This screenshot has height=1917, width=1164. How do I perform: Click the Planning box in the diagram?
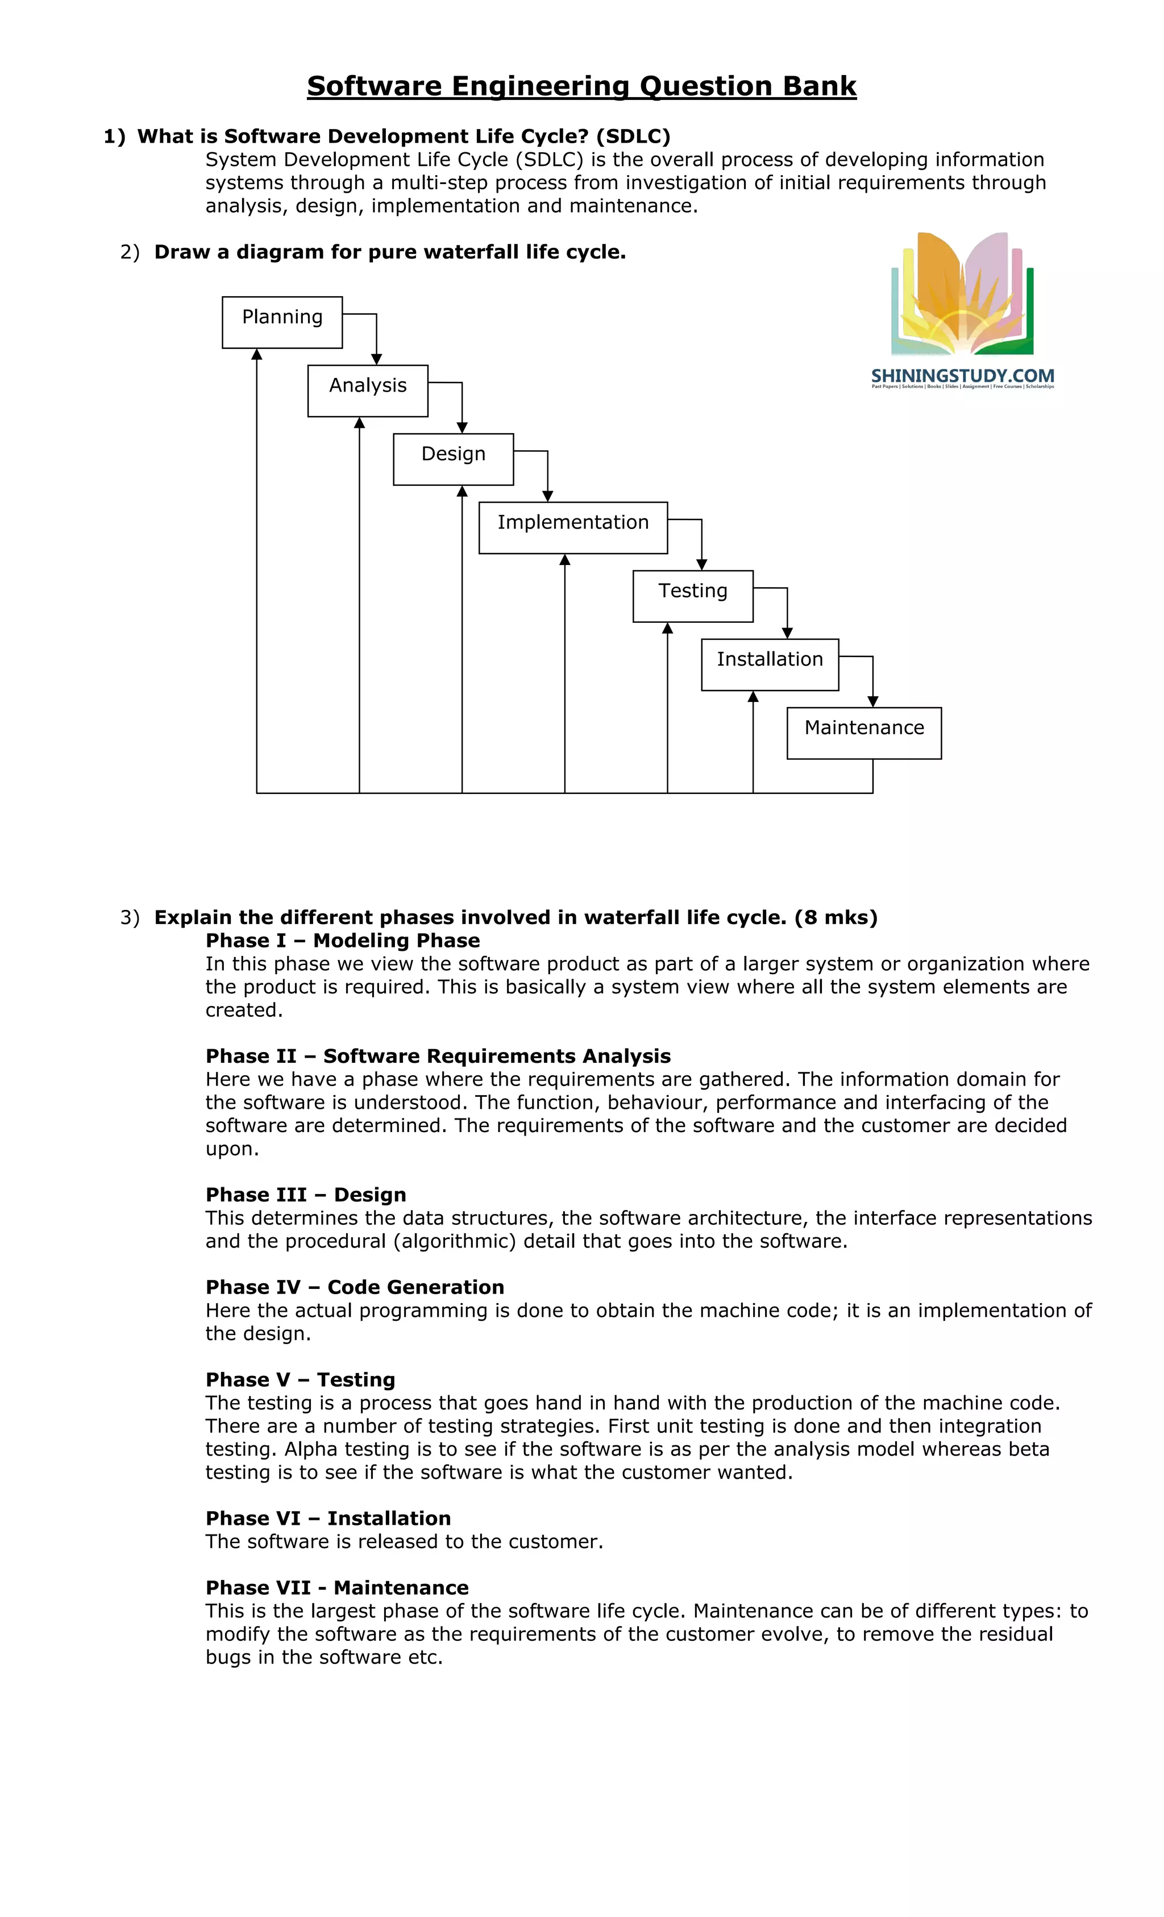[282, 322]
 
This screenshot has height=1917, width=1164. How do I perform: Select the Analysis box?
[367, 390]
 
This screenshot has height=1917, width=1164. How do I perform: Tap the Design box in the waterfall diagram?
[453, 459]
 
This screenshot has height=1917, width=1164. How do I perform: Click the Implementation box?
[573, 527]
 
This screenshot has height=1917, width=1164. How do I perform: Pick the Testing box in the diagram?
[692, 596]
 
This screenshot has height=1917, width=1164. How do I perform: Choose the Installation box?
[770, 664]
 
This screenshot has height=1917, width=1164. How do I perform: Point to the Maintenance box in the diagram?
[864, 733]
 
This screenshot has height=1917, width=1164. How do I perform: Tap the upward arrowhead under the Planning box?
[257, 355]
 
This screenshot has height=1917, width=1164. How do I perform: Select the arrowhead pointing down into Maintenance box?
[873, 701]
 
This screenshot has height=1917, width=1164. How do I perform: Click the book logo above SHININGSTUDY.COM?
[962, 294]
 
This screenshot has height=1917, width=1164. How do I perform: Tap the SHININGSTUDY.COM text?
[962, 376]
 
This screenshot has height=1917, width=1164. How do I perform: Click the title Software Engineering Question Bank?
[581, 86]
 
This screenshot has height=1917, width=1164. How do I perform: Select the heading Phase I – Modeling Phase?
[342, 941]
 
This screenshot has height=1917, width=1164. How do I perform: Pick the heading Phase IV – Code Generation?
[355, 1287]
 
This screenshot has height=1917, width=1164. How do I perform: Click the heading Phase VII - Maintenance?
[337, 1587]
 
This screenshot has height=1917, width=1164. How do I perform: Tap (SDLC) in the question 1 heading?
[633, 136]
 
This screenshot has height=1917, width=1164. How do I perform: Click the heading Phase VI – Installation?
[327, 1518]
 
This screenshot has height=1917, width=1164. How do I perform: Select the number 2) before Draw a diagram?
[129, 252]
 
